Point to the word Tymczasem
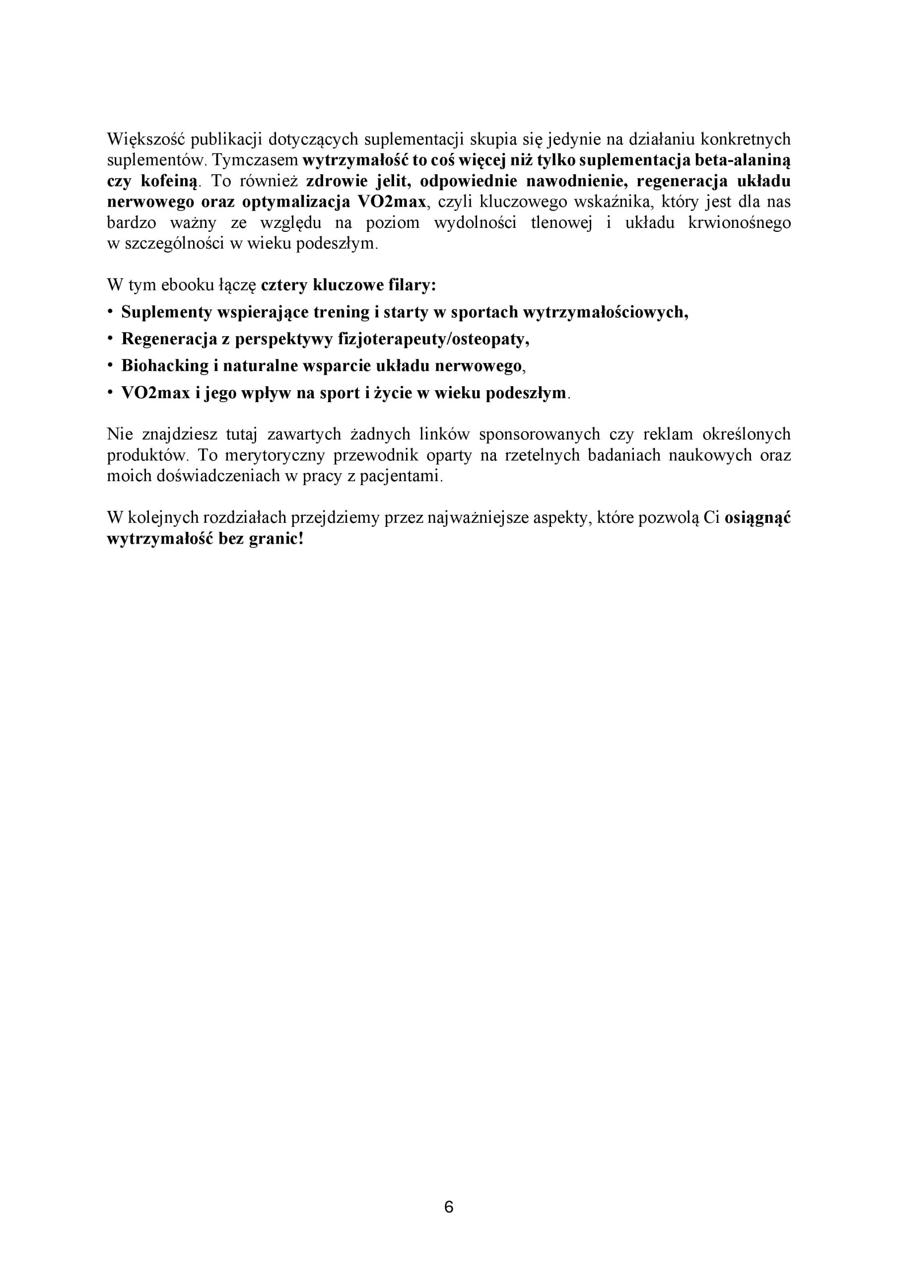tap(256, 160)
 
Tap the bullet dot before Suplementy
tap(110, 312)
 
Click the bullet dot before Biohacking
tap(110, 365)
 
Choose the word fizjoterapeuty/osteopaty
tap(433, 339)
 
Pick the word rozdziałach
tap(245, 518)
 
